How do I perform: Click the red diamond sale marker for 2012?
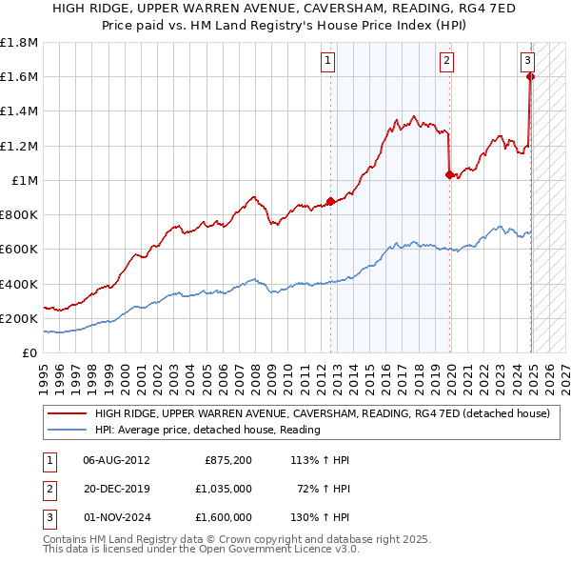(330, 201)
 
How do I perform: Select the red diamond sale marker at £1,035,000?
(449, 174)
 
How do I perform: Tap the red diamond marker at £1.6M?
(530, 77)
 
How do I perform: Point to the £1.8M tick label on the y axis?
(19, 43)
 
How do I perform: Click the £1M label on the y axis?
(25, 180)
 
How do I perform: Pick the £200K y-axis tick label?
(19, 318)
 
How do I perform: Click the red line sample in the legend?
(68, 413)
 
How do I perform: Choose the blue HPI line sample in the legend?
(68, 430)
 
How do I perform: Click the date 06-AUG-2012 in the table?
(116, 460)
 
